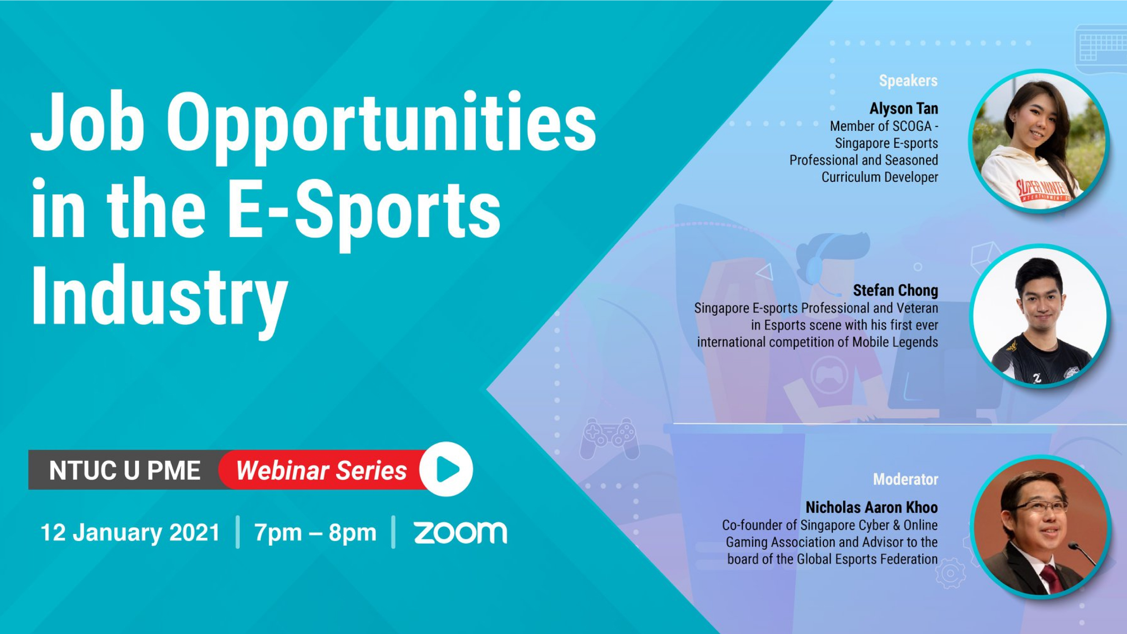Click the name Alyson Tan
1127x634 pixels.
[904, 109]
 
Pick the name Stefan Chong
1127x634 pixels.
[895, 290]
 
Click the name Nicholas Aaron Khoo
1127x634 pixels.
[872, 507]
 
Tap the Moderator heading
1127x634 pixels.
[906, 479]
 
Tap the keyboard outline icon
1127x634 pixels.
[1101, 48]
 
